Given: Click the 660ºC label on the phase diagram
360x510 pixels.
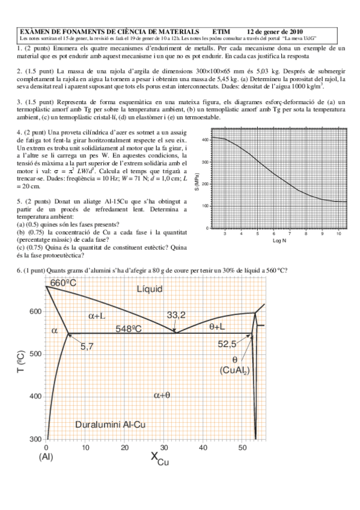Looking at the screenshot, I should pyautogui.click(x=63, y=283).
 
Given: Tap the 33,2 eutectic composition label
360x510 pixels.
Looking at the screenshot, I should pyautogui.click(x=177, y=315).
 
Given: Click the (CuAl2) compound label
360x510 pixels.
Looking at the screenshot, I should pyautogui.click(x=235, y=370).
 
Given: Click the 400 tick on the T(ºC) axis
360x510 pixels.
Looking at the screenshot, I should pyautogui.click(x=36, y=396).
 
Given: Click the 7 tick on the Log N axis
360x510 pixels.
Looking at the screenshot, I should pyautogui.click(x=290, y=233).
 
